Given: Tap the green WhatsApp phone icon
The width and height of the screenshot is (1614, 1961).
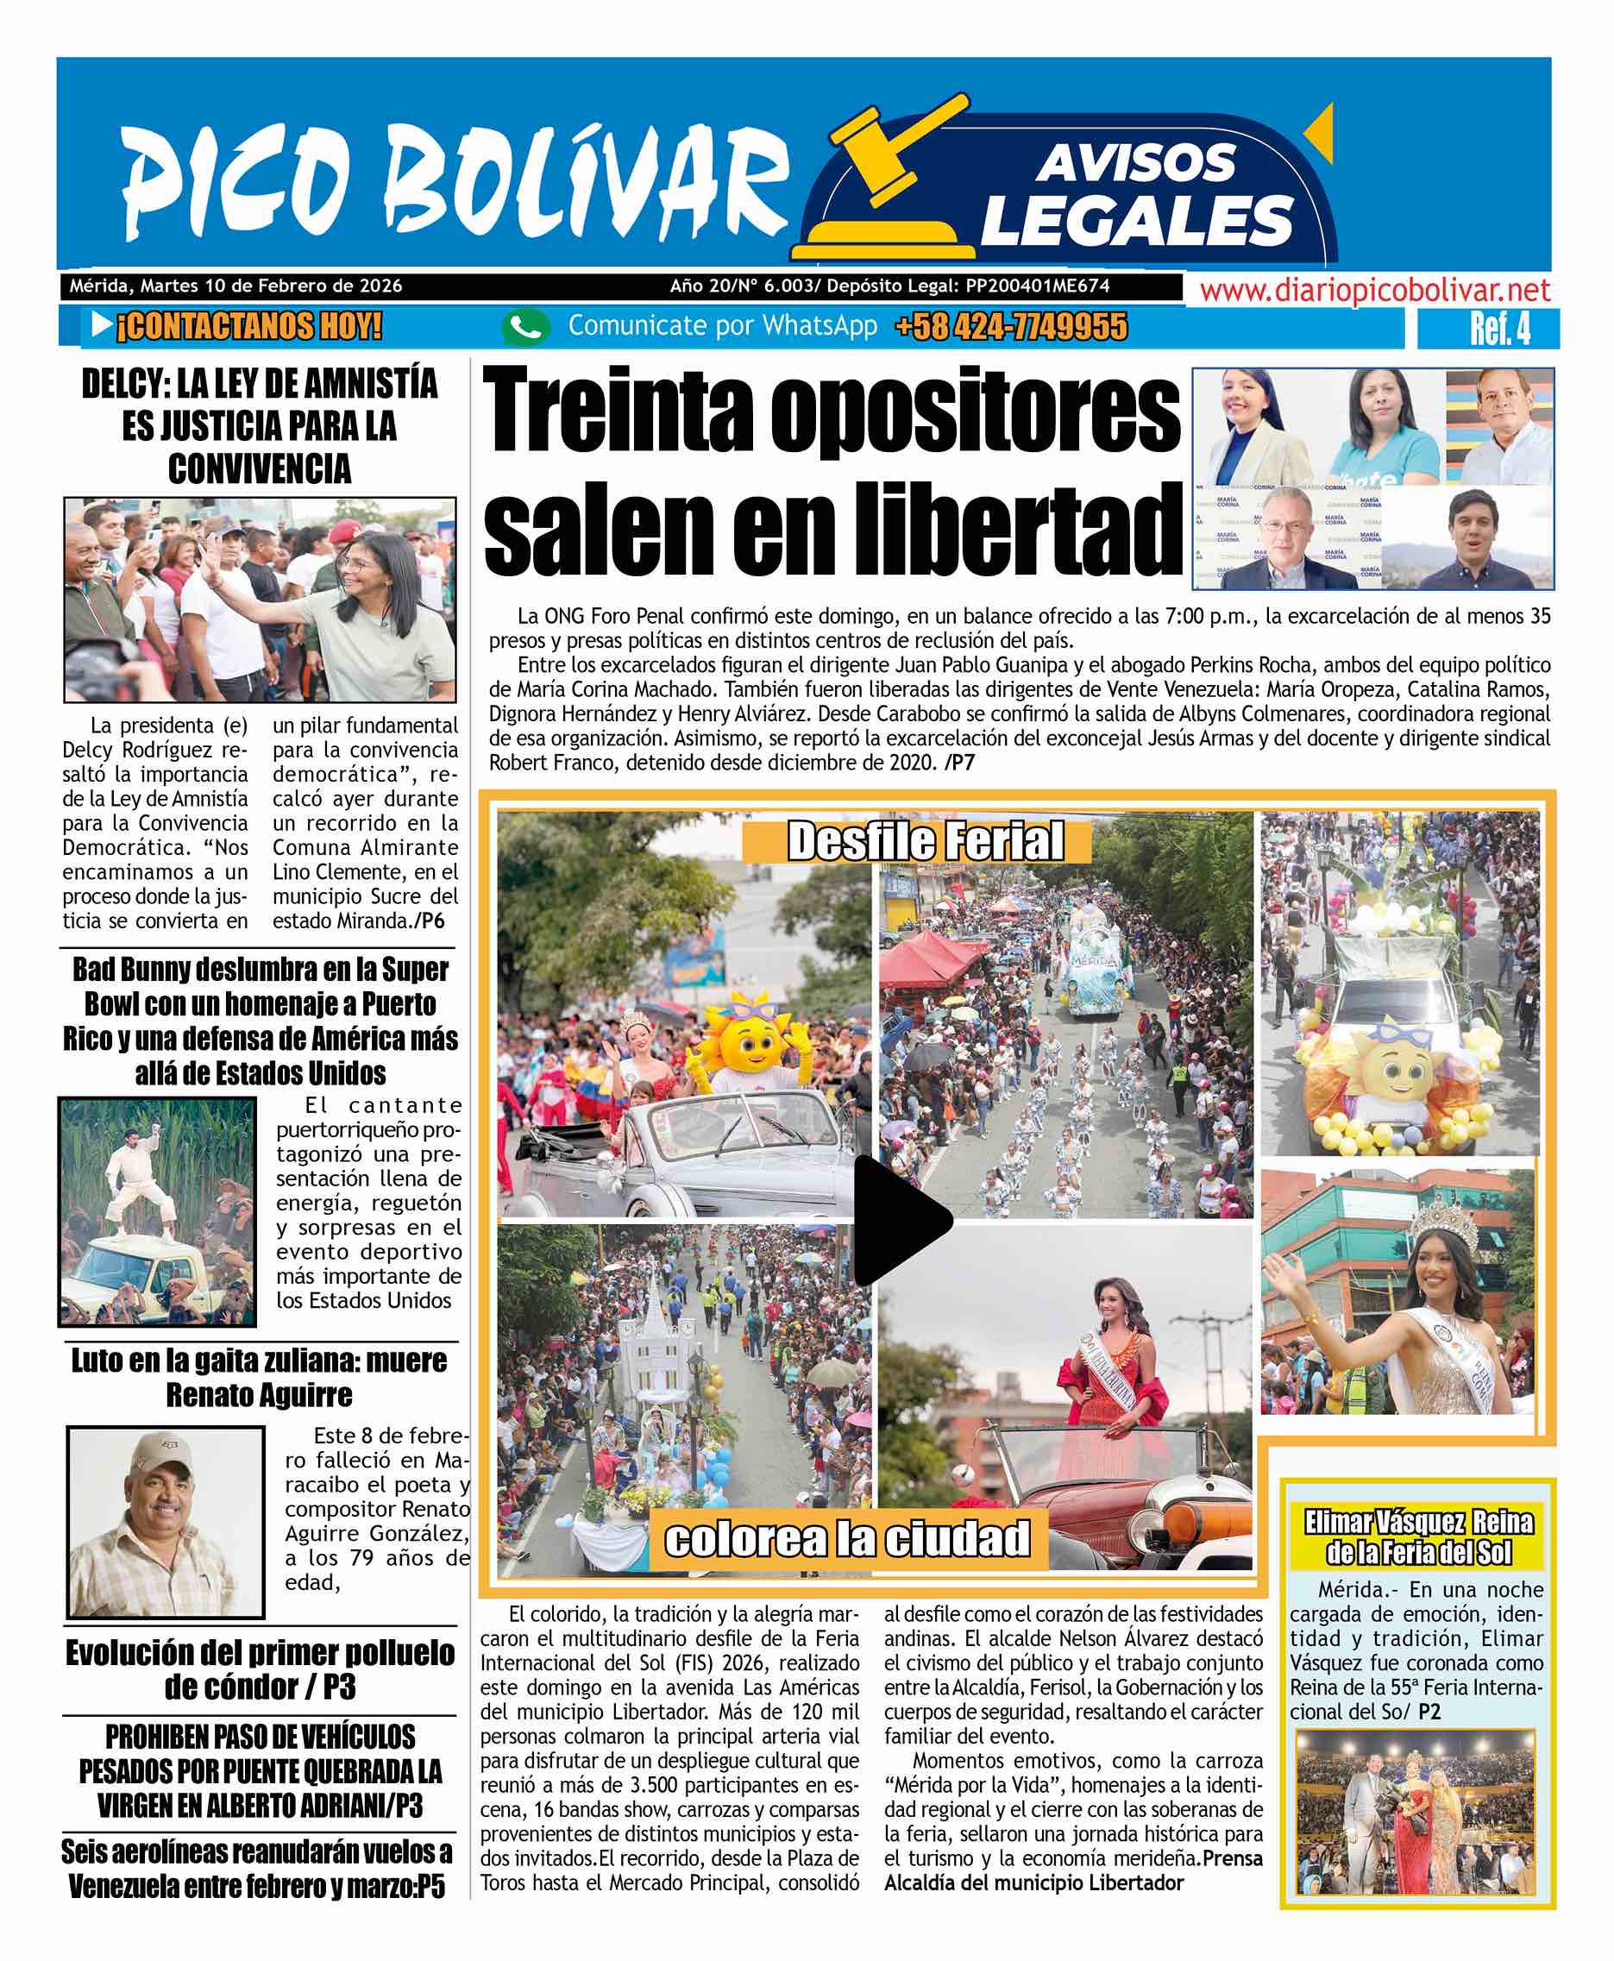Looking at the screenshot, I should pyautogui.click(x=525, y=327).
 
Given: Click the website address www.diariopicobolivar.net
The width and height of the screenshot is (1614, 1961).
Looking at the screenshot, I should pyautogui.click(x=1375, y=291).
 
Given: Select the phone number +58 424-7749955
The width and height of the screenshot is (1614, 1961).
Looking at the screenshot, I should pyautogui.click(x=1011, y=327).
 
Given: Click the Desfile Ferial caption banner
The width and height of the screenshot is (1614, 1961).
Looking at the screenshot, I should pyautogui.click(x=925, y=841).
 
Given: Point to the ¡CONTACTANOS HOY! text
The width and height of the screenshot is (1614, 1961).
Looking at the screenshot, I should pyautogui.click(x=248, y=326).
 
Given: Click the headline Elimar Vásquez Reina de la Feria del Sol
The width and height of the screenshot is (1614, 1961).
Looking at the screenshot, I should pyautogui.click(x=1418, y=1537).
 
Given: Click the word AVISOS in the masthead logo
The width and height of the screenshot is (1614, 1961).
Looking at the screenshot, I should pyautogui.click(x=1135, y=164).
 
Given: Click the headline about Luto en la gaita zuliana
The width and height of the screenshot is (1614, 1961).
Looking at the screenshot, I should pyautogui.click(x=260, y=1377).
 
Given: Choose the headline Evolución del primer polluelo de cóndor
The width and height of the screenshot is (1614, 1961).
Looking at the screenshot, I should pyautogui.click(x=260, y=1669).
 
